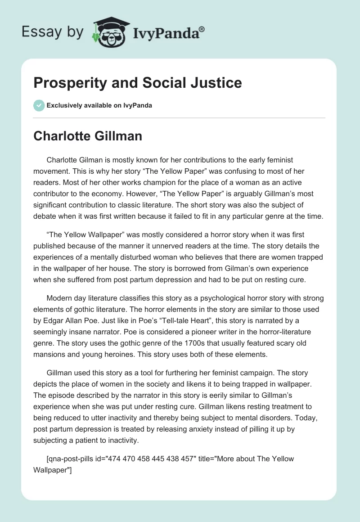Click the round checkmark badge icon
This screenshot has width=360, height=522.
point(39,105)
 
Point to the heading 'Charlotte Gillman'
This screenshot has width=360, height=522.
point(88,136)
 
